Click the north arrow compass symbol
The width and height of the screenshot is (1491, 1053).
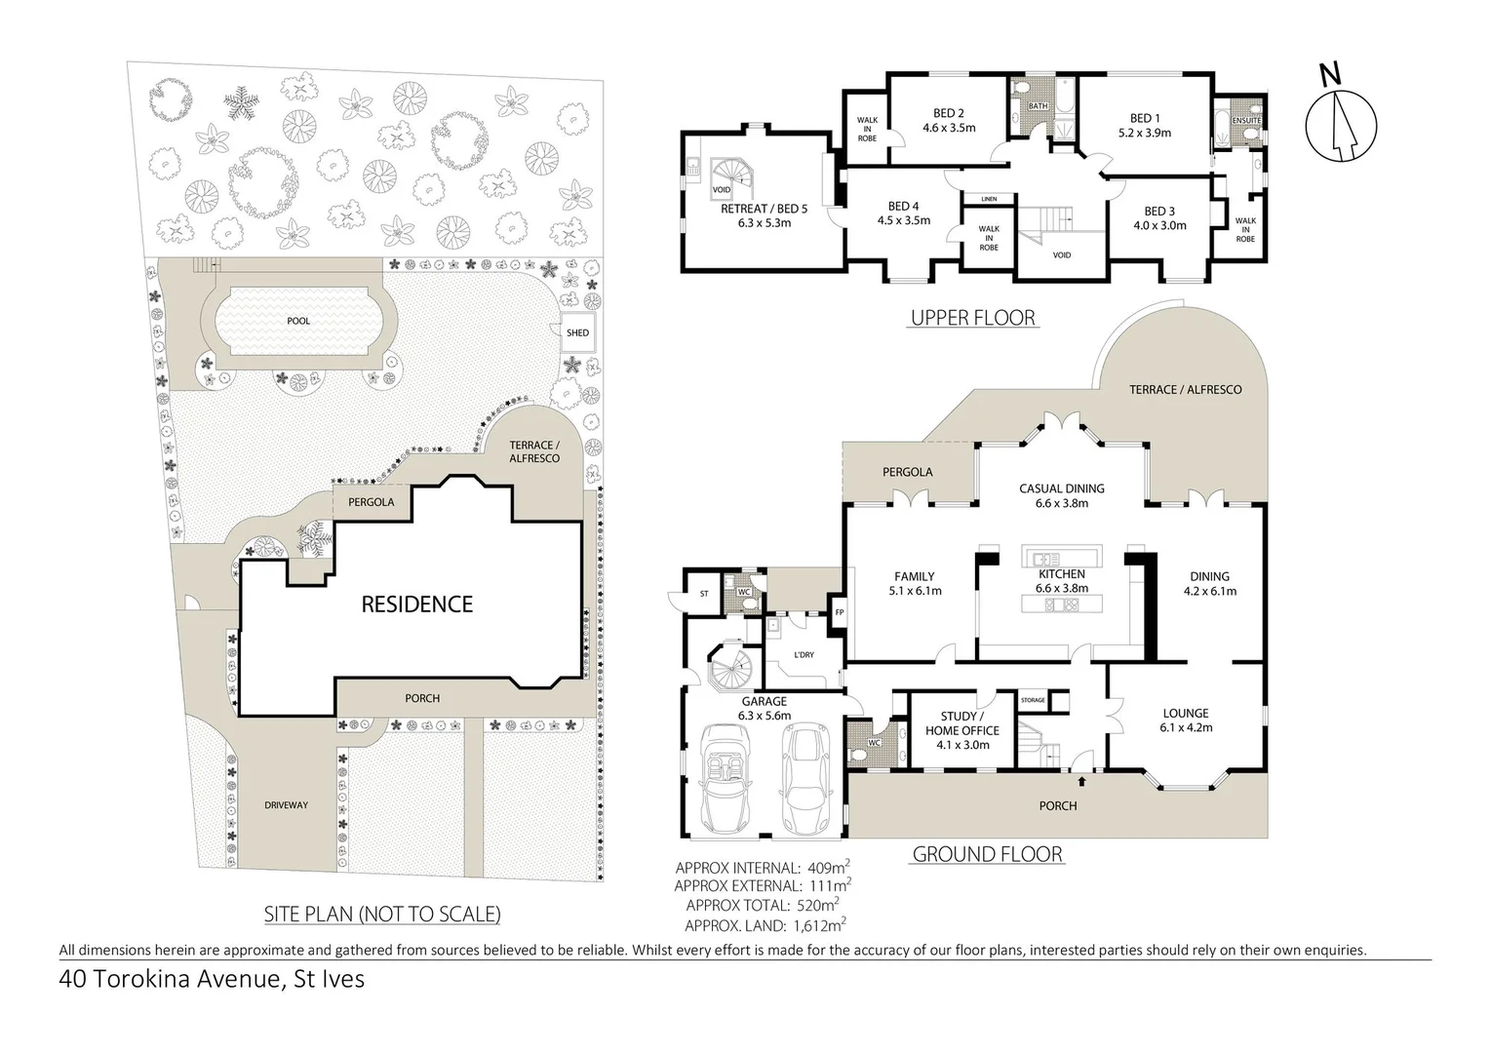(x=1341, y=127)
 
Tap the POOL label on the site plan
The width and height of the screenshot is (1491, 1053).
(x=298, y=321)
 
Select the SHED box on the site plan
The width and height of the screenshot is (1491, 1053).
(x=577, y=332)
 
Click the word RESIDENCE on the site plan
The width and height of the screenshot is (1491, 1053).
(x=417, y=604)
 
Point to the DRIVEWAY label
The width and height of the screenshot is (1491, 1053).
(x=287, y=804)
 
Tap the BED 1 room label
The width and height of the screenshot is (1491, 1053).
(x=1145, y=125)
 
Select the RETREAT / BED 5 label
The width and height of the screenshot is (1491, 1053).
(x=765, y=215)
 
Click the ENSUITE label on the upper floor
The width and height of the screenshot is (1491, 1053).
(x=1246, y=121)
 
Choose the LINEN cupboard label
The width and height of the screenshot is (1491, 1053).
(x=989, y=199)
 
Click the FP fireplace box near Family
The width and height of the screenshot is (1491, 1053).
(x=840, y=612)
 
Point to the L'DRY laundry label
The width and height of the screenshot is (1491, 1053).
(x=804, y=654)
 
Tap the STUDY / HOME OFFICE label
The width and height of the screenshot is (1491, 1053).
(x=962, y=730)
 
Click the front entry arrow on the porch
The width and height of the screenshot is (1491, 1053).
(x=1081, y=781)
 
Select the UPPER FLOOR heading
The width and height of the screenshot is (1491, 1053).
(x=973, y=318)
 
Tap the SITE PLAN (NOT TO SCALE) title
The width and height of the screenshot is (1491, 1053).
(x=382, y=914)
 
